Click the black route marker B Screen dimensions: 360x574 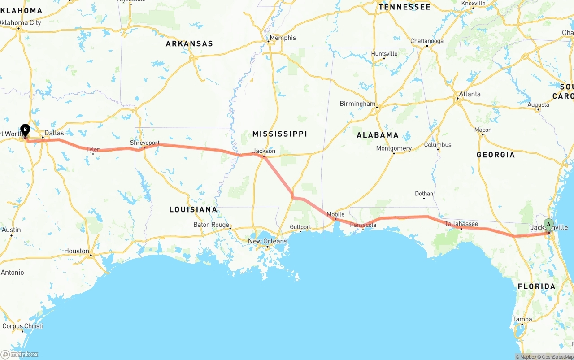(x=26, y=130)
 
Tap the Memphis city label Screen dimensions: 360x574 (x=283, y=38)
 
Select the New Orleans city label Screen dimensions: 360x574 (x=268, y=241)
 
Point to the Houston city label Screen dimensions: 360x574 (x=76, y=251)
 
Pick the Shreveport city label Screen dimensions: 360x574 (x=144, y=143)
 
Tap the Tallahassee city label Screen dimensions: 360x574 (x=461, y=224)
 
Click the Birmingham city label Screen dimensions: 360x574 (x=357, y=104)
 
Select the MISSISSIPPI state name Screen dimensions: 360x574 (x=279, y=134)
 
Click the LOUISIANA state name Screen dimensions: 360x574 (x=193, y=209)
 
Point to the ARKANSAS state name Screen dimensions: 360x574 (x=189, y=44)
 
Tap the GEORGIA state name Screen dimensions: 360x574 (x=496, y=155)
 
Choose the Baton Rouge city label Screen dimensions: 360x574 (x=211, y=225)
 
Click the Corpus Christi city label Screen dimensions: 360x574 (x=22, y=326)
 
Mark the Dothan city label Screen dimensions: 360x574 (x=424, y=194)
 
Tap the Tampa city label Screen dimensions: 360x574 (x=522, y=319)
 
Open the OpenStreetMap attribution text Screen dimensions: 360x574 (x=557, y=357)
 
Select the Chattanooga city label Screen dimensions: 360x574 (x=426, y=41)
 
